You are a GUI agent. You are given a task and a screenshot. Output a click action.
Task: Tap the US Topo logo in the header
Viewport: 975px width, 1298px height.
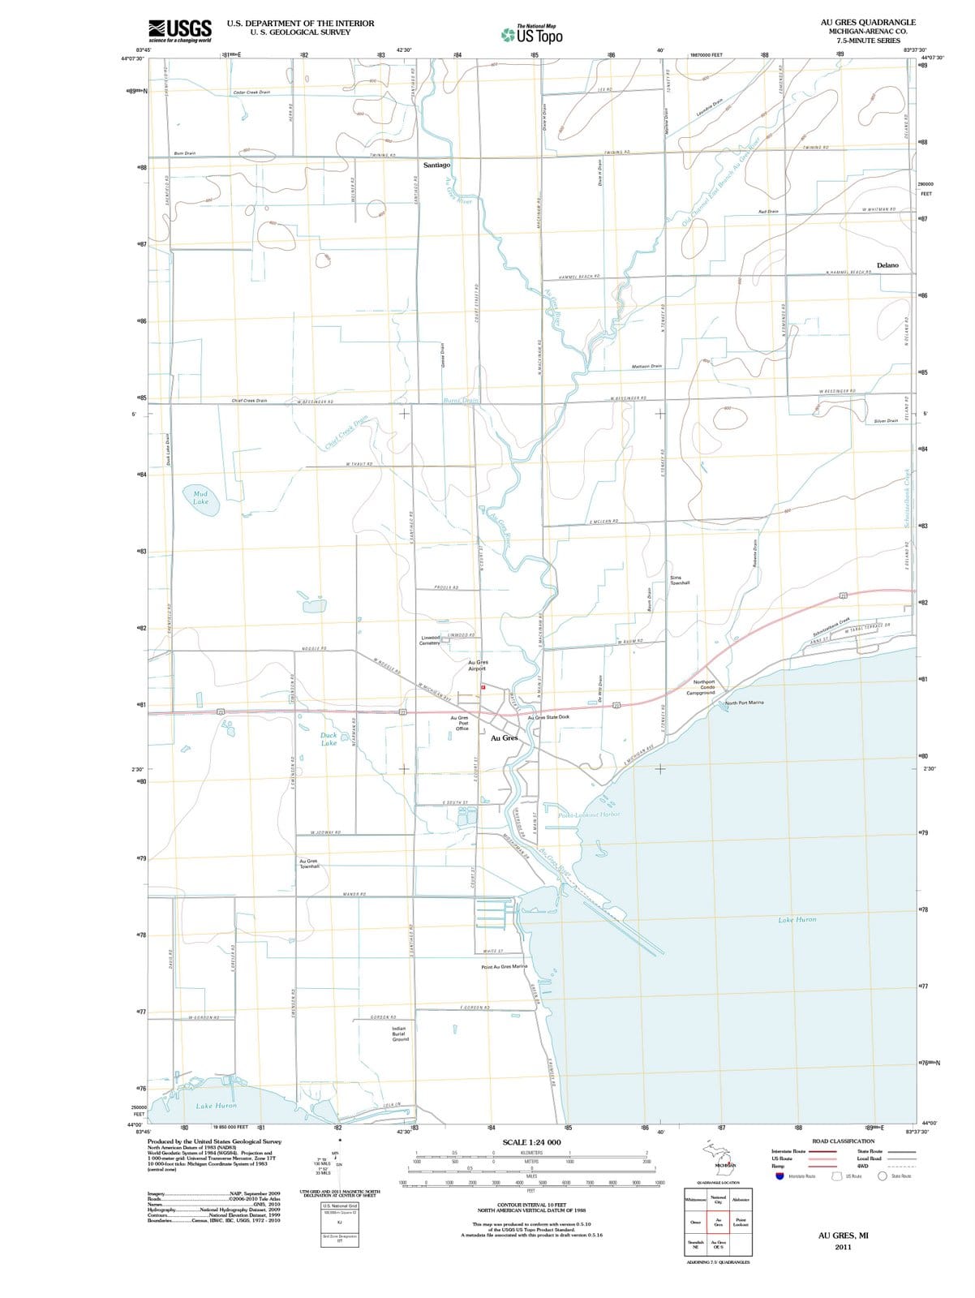(532, 35)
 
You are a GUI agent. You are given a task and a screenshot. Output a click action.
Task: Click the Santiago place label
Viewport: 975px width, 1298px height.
(436, 165)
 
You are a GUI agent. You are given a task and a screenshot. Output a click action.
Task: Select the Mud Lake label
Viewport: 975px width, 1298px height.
(200, 497)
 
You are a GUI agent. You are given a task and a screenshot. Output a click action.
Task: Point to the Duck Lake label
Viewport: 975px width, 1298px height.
(329, 739)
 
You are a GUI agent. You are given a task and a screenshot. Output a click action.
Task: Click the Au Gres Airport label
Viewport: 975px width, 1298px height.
(477, 666)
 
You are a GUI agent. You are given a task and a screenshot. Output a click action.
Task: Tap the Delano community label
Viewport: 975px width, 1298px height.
(888, 265)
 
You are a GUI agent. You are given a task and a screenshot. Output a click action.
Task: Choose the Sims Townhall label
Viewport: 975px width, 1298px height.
(680, 580)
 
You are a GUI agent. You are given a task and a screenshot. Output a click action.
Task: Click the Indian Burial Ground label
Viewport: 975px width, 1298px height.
(400, 1034)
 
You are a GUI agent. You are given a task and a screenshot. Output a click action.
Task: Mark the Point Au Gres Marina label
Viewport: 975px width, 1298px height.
(505, 967)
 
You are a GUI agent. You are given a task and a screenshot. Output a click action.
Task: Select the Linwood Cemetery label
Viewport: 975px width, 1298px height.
(430, 640)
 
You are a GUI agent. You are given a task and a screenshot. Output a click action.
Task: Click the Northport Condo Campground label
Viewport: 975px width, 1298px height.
(701, 687)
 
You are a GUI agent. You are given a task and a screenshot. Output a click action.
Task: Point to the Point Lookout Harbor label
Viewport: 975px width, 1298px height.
(590, 814)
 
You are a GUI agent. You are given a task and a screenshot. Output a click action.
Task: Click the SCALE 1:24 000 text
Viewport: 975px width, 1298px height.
(531, 1142)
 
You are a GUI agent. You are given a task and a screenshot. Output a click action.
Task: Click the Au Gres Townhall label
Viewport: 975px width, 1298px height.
(309, 864)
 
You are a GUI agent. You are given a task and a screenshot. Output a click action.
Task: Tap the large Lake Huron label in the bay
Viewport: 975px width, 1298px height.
(797, 920)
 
